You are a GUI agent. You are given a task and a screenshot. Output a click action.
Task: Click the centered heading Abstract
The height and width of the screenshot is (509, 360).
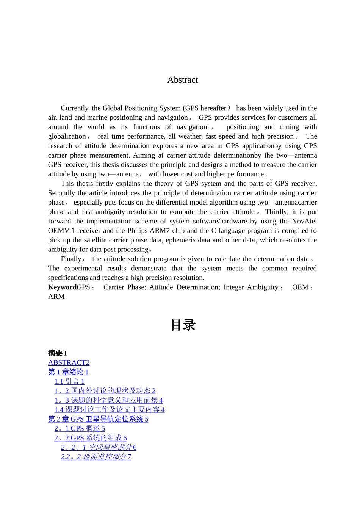point(182,80)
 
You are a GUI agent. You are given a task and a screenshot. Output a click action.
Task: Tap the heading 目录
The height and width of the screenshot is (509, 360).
point(183,325)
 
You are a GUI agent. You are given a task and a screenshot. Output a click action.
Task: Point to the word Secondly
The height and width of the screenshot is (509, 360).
point(62,193)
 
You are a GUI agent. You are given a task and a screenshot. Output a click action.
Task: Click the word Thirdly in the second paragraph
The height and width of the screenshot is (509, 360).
point(278,212)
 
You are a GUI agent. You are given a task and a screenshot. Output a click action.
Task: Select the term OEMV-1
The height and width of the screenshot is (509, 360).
point(61,231)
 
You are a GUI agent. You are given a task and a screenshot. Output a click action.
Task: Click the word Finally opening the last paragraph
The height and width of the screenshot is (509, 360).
point(71,259)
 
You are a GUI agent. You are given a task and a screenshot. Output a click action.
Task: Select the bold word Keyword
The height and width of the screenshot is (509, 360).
point(62,287)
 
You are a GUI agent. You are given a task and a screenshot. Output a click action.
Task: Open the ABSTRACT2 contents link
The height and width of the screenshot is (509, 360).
point(69,363)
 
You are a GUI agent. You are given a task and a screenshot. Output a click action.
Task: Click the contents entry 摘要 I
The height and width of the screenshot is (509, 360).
point(57,353)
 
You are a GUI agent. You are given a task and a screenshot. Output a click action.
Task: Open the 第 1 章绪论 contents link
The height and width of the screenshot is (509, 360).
point(68,372)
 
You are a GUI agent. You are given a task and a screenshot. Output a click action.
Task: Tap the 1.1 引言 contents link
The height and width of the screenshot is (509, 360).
point(69,382)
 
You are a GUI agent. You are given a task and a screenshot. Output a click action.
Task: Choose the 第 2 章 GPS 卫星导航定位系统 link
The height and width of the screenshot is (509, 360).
point(98,419)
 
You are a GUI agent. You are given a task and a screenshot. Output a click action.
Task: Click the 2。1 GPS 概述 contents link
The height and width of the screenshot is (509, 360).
point(80,429)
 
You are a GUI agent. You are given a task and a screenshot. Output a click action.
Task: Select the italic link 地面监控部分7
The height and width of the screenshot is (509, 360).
point(96,457)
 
